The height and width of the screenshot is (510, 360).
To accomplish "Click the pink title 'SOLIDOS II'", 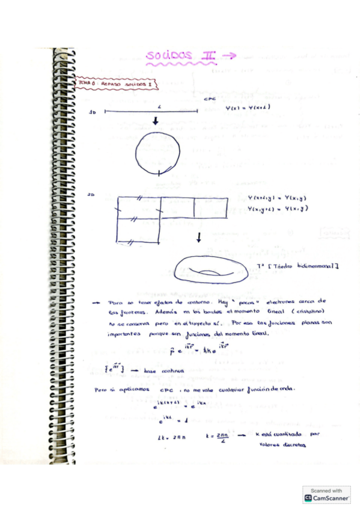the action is [180, 57].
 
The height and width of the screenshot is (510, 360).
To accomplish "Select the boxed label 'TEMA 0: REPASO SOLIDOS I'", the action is [115, 85].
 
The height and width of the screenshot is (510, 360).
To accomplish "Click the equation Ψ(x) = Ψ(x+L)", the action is [246, 108].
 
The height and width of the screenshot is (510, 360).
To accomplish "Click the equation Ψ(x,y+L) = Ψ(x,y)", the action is [278, 209].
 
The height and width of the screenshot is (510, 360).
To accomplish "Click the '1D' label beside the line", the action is [93, 112].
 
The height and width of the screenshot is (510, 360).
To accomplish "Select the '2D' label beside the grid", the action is [93, 195].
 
